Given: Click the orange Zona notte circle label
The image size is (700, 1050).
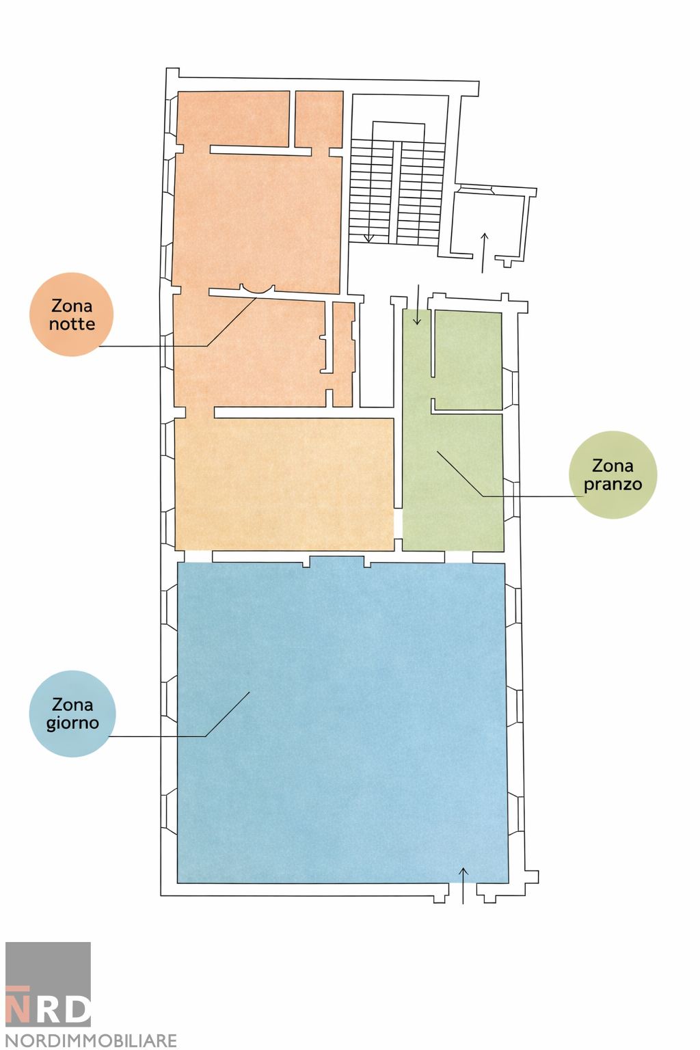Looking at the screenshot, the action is [x=71, y=314].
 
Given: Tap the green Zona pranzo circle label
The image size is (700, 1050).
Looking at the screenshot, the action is [x=612, y=475].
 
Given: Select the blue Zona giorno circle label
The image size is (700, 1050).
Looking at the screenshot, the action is [x=72, y=714].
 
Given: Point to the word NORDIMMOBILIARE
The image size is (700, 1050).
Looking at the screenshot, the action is [x=91, y=1040].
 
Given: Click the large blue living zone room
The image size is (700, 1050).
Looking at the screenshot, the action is [x=342, y=722].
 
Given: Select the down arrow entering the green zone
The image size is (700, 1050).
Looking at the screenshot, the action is [x=417, y=304].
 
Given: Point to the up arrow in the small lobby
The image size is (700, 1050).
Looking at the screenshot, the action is [x=484, y=253].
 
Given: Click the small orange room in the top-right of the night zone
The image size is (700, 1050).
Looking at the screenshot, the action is [x=319, y=119].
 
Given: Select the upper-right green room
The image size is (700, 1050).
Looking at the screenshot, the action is [x=468, y=360].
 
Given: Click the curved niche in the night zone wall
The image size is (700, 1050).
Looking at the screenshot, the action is [x=256, y=291].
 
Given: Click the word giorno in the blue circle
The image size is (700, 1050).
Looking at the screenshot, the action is [x=72, y=723].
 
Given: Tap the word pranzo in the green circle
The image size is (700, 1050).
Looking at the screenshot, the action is [x=612, y=484].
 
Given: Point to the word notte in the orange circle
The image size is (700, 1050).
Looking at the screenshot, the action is [x=72, y=324].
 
